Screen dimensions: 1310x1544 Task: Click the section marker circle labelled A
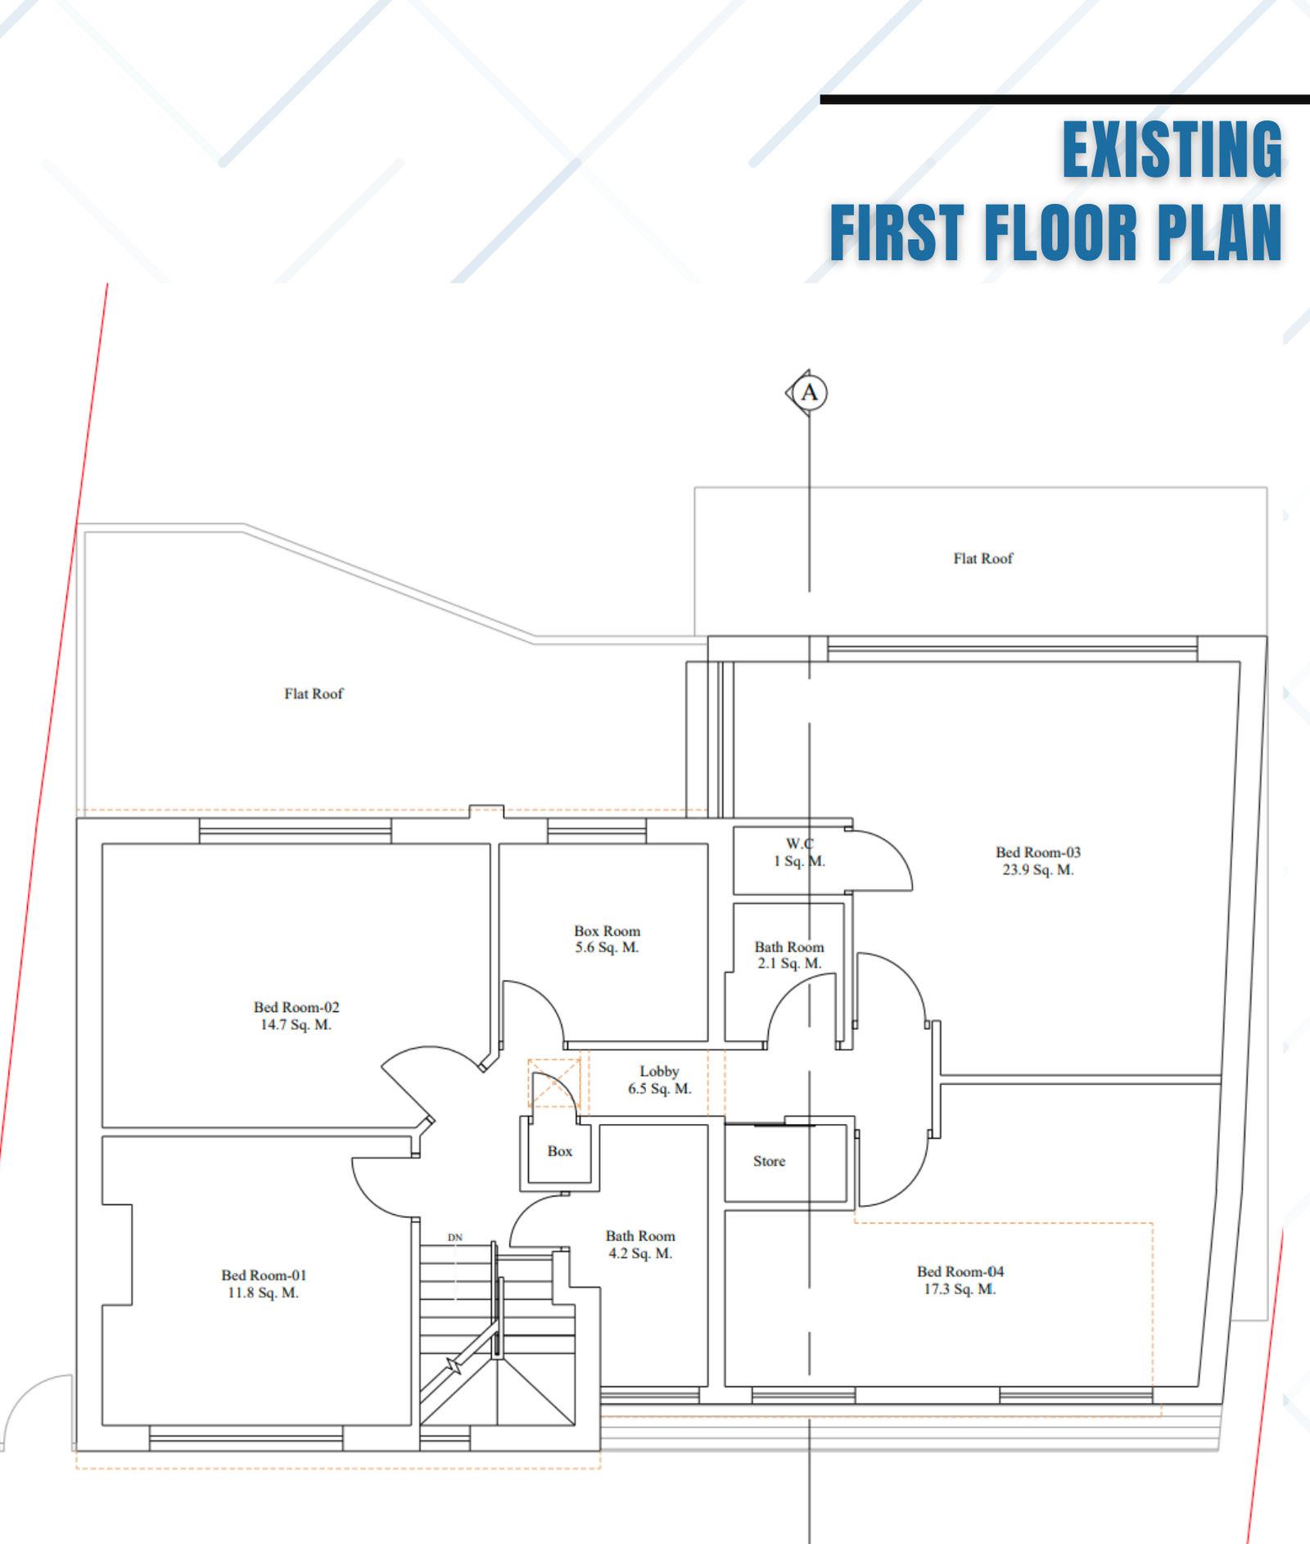point(810,393)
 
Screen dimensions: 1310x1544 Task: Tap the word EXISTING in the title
point(1172,150)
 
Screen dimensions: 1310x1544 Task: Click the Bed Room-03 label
point(1038,860)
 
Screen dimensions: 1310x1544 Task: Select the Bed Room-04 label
point(960,1280)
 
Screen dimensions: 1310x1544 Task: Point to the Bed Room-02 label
point(296,1015)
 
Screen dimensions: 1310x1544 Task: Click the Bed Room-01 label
point(264,1284)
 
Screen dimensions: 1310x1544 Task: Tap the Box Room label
point(607,939)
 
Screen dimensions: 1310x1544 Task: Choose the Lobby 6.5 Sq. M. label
point(659,1080)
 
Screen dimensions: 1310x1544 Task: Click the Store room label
point(769,1161)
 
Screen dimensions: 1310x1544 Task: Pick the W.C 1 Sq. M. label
point(799,852)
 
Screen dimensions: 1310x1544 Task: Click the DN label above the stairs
point(455,1237)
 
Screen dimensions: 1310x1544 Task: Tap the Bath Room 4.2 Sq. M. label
point(640,1244)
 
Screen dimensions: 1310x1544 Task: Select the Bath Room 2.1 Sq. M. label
point(789,955)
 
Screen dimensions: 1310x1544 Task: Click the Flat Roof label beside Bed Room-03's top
point(982,558)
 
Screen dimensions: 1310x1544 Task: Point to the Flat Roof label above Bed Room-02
point(314,693)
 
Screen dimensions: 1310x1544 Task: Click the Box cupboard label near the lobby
point(560,1151)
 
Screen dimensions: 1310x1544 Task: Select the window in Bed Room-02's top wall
point(296,831)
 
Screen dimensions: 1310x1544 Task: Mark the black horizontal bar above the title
point(1064,100)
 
